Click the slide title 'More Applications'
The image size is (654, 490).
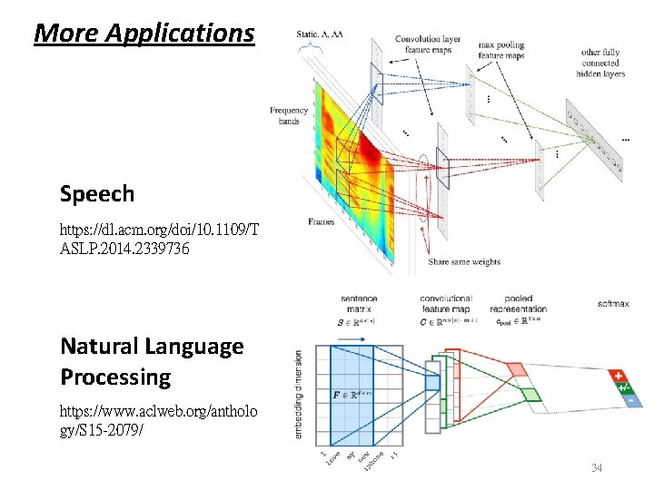point(144,34)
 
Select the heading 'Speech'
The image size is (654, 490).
point(96,194)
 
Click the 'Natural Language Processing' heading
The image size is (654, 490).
point(151,361)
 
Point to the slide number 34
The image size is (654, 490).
point(597,468)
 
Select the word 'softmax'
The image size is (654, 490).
point(613,302)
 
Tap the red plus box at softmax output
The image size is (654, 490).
point(619,375)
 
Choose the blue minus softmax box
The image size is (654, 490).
point(629,400)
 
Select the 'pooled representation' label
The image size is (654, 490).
point(519,303)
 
